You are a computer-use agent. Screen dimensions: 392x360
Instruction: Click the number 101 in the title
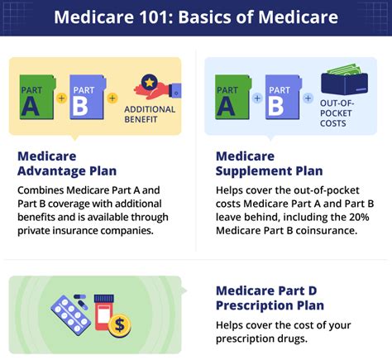(x=154, y=17)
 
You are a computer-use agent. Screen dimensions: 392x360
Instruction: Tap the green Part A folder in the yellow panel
(x=37, y=97)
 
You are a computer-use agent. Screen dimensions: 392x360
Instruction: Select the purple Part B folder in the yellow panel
(x=88, y=97)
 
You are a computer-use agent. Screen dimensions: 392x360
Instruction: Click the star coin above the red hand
(x=149, y=82)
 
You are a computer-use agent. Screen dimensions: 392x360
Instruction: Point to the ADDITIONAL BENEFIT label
(x=150, y=114)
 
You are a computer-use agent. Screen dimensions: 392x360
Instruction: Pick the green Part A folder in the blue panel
(x=233, y=97)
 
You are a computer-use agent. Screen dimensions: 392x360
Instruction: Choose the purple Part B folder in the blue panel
(x=284, y=97)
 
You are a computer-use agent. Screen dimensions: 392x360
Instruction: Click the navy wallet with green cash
(x=344, y=79)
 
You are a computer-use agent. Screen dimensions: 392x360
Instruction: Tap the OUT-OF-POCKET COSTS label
(x=337, y=113)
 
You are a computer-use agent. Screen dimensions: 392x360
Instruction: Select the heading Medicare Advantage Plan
(x=67, y=164)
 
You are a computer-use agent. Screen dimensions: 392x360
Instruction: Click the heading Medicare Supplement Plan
(x=270, y=164)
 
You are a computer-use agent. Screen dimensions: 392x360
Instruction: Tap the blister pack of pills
(x=71, y=315)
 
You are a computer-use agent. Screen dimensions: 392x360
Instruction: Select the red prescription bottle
(x=103, y=313)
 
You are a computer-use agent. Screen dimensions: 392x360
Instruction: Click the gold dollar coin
(x=119, y=326)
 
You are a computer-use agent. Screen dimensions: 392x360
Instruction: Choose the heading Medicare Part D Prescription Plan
(x=270, y=298)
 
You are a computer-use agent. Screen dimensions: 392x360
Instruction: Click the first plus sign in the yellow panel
(x=61, y=98)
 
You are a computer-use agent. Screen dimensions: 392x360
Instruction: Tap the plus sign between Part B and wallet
(x=308, y=98)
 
